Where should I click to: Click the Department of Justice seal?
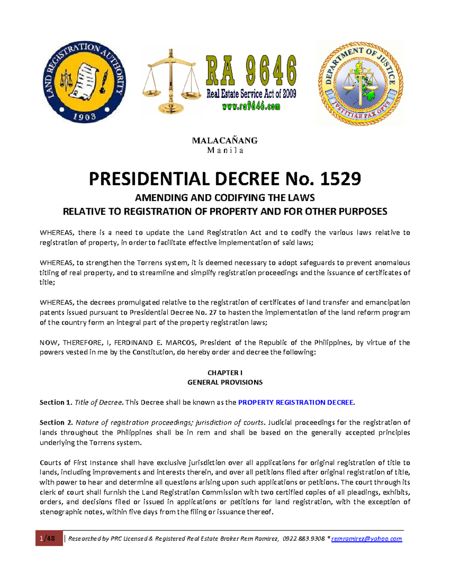pos(360,84)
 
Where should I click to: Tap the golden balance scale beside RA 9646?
pos(171,82)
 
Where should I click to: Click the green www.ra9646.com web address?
pos(251,107)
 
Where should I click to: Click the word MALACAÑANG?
pos(225,141)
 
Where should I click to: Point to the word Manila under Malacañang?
pos(225,151)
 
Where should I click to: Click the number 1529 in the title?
pos(340,179)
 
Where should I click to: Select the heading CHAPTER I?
pos(225,373)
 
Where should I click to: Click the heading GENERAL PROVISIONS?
pos(225,382)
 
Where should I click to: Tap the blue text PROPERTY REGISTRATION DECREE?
pos(296,402)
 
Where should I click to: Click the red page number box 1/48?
pos(49,539)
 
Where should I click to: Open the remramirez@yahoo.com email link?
pos(366,539)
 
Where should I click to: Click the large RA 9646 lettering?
pos(251,71)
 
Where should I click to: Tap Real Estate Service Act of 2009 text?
pos(251,94)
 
